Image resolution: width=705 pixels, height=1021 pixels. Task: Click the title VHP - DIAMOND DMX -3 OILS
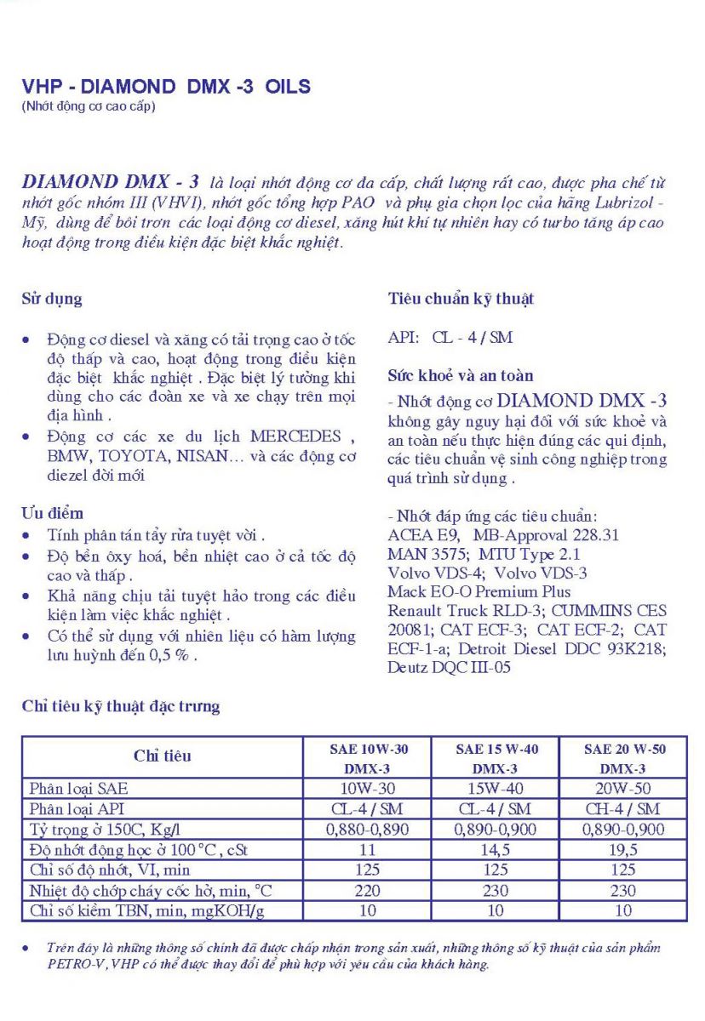tap(166, 87)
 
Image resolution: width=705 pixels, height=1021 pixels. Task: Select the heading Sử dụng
tap(52, 299)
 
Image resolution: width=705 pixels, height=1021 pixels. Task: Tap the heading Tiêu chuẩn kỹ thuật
tap(461, 299)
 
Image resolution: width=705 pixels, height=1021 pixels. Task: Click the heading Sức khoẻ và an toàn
tap(461, 375)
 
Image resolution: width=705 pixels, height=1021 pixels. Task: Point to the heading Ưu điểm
tap(52, 513)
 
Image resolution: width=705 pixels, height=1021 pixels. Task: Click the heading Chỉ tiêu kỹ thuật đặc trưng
tap(120, 706)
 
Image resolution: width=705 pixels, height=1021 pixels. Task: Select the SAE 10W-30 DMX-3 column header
tap(368, 758)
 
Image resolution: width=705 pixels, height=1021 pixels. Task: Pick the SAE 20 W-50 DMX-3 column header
tap(624, 758)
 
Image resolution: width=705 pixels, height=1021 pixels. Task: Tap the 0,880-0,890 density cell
tap(368, 830)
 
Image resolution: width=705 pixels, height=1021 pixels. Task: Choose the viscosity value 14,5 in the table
tap(495, 850)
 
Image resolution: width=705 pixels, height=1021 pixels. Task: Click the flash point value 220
tap(368, 891)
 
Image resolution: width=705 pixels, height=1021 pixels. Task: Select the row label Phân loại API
tap(77, 809)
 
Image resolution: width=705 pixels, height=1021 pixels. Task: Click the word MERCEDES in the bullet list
tap(295, 436)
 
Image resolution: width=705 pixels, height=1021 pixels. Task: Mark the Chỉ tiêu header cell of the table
tap(163, 756)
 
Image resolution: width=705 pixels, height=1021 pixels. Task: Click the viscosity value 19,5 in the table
tap(624, 850)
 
